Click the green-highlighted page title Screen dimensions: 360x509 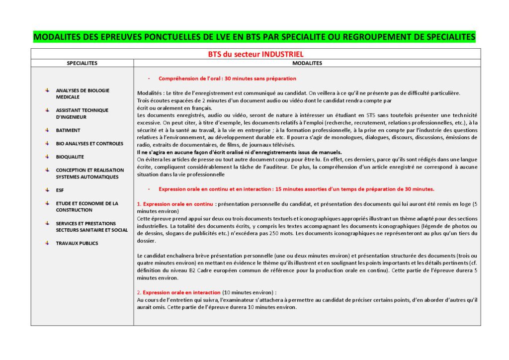254,37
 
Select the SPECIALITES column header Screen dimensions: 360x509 82,63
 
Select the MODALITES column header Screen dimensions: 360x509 307,63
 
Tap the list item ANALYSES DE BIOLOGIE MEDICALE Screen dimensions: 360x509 83,93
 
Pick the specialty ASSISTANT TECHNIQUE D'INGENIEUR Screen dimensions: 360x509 82,113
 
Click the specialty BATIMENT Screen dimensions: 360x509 68,130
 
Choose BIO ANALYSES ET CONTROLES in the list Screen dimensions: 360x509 89,144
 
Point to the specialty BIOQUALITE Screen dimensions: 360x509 70,157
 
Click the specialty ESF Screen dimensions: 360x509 60,190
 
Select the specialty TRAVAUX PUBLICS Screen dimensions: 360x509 77,243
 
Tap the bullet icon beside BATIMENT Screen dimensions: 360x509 47,130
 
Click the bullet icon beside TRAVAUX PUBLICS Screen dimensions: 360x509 47,243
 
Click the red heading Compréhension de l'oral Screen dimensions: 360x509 227,79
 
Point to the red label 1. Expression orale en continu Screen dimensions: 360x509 175,204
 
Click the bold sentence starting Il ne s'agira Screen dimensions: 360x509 239,152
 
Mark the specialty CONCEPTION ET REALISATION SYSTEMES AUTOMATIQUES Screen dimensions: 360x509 87,174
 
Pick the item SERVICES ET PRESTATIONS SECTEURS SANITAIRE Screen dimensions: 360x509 91,227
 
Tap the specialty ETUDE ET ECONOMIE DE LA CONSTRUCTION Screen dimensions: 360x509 87,207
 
